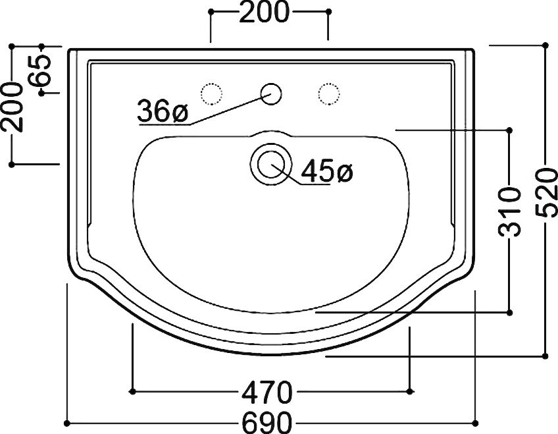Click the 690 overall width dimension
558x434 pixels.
(267, 423)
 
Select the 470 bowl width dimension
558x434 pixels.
(267, 392)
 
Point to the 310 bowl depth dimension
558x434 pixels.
(509, 212)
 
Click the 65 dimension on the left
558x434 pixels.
(40, 70)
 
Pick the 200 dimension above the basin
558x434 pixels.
(264, 12)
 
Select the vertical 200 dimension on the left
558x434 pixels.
(12, 107)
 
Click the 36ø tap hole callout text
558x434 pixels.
(163, 111)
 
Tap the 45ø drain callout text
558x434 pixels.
(326, 171)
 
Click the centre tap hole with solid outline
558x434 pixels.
(271, 94)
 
